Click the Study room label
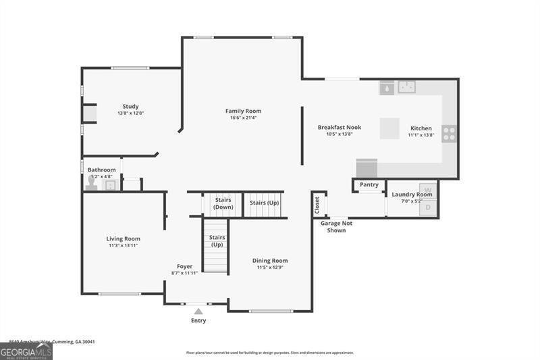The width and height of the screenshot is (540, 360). (x=130, y=106)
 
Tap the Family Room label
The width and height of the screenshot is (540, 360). (x=243, y=111)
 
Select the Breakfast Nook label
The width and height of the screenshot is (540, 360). (x=340, y=127)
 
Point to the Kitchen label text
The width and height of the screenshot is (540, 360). (x=421, y=128)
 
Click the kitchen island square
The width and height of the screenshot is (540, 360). (x=389, y=128)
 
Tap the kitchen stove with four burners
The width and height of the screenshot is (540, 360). (x=449, y=133)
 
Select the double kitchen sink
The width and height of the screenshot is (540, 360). (x=406, y=86)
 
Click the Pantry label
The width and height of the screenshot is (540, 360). (x=369, y=184)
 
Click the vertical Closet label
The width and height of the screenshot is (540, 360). (x=316, y=205)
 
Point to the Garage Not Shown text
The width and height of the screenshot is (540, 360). (x=336, y=226)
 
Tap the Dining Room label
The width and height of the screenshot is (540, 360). (x=270, y=261)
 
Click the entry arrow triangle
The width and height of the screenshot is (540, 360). (x=198, y=311)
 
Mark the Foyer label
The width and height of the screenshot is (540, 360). (x=184, y=266)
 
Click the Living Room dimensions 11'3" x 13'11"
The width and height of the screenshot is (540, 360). (x=123, y=245)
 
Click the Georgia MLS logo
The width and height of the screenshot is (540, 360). (x=26, y=351)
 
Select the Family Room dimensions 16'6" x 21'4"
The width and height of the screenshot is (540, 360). (x=243, y=118)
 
